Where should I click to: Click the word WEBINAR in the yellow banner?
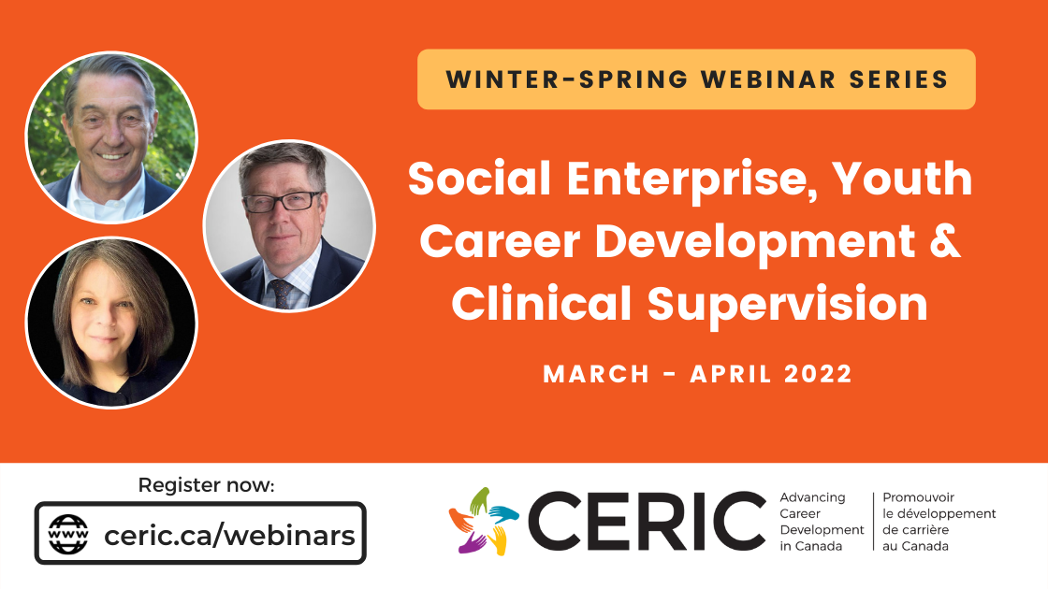[x=768, y=79]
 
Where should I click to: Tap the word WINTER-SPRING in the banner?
[x=567, y=79]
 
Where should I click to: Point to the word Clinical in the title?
[x=542, y=303]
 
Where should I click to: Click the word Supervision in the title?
[x=787, y=305]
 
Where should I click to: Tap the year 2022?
[x=818, y=374]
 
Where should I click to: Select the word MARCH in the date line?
[x=596, y=374]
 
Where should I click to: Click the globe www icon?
[x=68, y=534]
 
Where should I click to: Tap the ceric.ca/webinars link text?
[x=229, y=535]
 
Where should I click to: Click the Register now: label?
[x=206, y=485]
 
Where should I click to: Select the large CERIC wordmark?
[x=647, y=521]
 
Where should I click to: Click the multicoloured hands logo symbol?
[x=483, y=521]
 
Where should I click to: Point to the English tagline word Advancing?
[x=812, y=497]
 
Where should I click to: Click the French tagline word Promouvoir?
[x=918, y=497]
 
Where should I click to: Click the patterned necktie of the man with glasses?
[x=281, y=293]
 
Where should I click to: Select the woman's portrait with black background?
[x=111, y=323]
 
